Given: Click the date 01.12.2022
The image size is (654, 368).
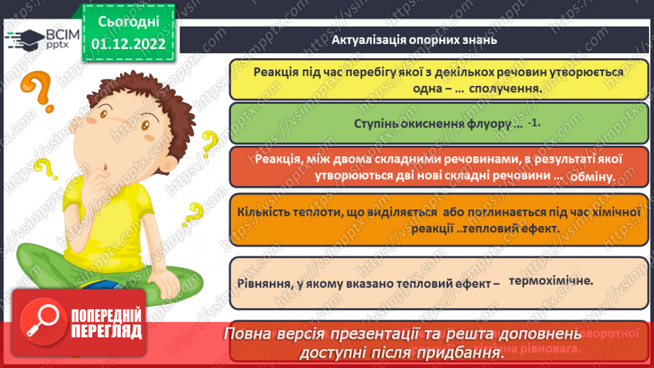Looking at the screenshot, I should (x=128, y=43).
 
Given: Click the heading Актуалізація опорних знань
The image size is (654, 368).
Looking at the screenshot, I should (x=414, y=40).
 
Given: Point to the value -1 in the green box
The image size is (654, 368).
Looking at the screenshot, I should (x=534, y=122).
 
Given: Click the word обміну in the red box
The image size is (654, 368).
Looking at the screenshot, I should (x=591, y=175).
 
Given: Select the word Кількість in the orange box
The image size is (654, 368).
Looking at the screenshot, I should (x=264, y=211).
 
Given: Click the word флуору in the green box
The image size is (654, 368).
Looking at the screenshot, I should (x=486, y=124).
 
